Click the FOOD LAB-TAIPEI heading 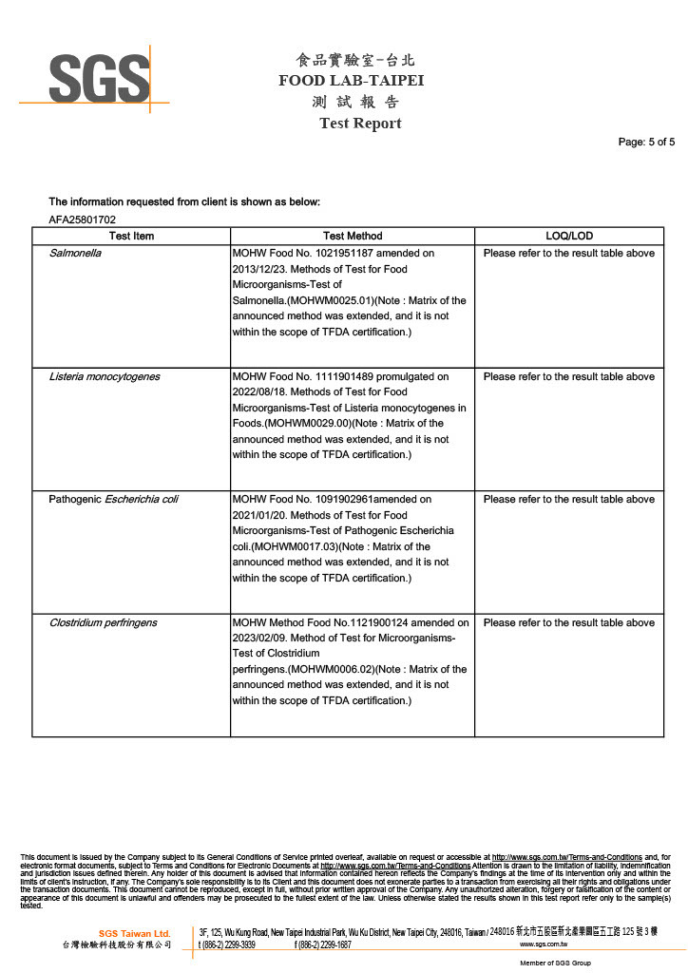click(x=351, y=81)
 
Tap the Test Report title click(x=360, y=124)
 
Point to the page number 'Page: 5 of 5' click(x=646, y=143)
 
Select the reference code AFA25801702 click(x=82, y=220)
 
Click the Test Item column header click(x=131, y=236)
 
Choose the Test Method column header click(x=353, y=236)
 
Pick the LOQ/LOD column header click(x=569, y=236)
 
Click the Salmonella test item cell click(x=75, y=254)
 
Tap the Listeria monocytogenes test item click(x=105, y=377)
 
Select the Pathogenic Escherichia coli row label click(x=113, y=500)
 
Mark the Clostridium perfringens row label click(x=104, y=623)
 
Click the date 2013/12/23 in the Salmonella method click(x=260, y=269)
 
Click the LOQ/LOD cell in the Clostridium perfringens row click(x=568, y=623)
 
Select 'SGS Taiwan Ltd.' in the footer click(x=134, y=933)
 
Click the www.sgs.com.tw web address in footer click(x=544, y=945)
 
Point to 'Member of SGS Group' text click(x=555, y=963)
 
